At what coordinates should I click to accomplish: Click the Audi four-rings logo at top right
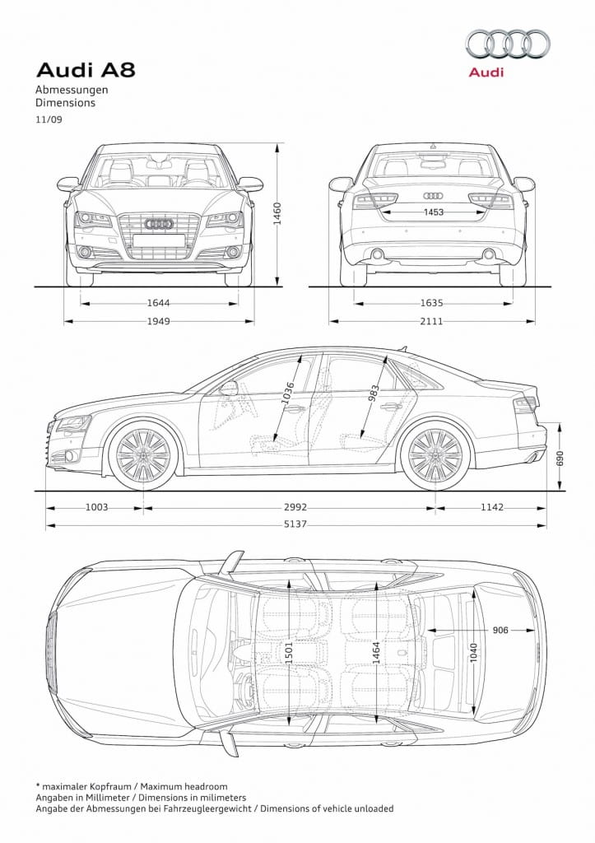[x=508, y=44]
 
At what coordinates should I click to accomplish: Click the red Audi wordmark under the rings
[x=486, y=72]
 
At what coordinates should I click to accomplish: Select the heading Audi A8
[x=86, y=70]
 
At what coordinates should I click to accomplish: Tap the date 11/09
[x=49, y=120]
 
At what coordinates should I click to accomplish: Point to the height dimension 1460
[x=277, y=213]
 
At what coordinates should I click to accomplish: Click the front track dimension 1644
[x=159, y=303]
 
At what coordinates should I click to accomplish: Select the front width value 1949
[x=159, y=322]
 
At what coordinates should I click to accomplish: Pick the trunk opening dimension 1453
[x=433, y=212]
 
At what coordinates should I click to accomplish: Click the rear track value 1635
[x=431, y=303]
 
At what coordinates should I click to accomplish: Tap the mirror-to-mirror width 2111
[x=431, y=322]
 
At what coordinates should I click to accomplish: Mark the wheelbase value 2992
[x=295, y=507]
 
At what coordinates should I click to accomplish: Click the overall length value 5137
[x=295, y=524]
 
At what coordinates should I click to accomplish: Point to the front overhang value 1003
[x=97, y=507]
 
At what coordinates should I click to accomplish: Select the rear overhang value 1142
[x=492, y=507]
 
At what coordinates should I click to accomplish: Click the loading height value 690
[x=560, y=458]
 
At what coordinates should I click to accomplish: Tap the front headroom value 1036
[x=289, y=393]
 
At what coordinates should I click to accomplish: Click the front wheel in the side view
[x=143, y=455]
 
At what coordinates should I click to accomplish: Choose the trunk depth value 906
[x=500, y=630]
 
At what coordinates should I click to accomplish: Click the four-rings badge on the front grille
[x=159, y=224]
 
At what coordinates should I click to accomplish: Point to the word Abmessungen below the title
[x=72, y=90]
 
